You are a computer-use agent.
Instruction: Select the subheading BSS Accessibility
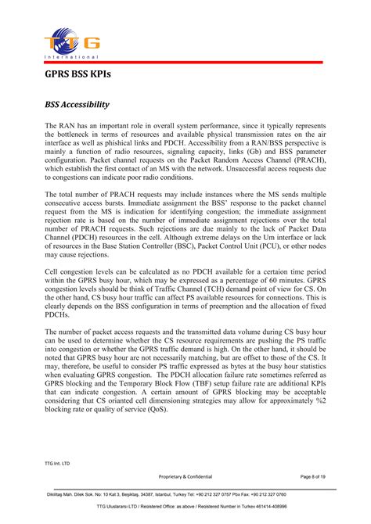(x=77, y=104)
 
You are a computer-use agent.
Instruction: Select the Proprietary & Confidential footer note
(x=185, y=476)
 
